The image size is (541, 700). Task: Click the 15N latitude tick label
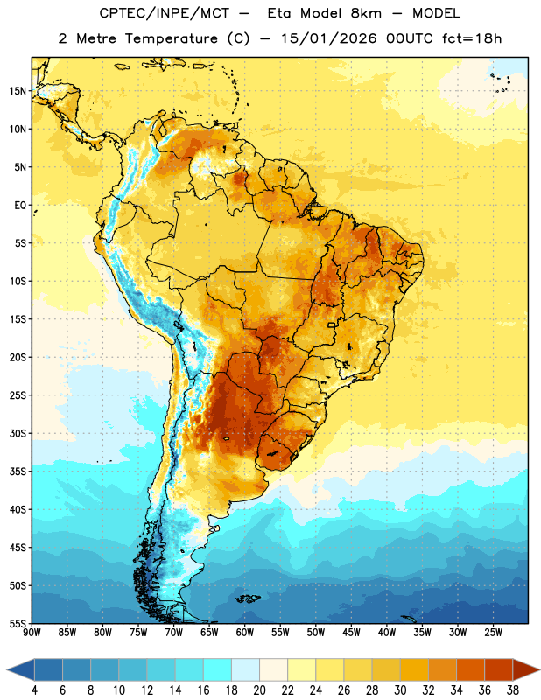pos(18,91)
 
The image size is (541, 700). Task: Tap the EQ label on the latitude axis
pos(20,206)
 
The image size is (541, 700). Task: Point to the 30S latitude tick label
pos(18,433)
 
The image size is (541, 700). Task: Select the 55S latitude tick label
pos(18,624)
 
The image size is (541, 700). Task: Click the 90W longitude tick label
pos(32,633)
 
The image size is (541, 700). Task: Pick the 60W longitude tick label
pos(245,633)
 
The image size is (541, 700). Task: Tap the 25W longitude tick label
pos(493,633)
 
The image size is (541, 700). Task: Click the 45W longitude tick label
pos(351,633)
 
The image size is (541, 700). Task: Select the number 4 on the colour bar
pos(34,690)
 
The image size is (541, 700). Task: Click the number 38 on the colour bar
pos(513,690)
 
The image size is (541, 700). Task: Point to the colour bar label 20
pos(259,690)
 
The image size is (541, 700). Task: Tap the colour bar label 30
pos(400,690)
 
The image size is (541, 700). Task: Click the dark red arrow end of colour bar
pos(525,668)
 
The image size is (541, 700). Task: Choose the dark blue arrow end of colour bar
pos(21,668)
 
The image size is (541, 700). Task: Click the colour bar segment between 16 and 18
pos(218,668)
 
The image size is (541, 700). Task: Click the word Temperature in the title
pos(171,38)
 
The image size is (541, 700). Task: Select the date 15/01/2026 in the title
pos(329,38)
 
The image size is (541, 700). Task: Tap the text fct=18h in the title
pos(472,38)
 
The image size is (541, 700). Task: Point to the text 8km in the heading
pos(366,13)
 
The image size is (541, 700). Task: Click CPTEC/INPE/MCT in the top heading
pos(165,13)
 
